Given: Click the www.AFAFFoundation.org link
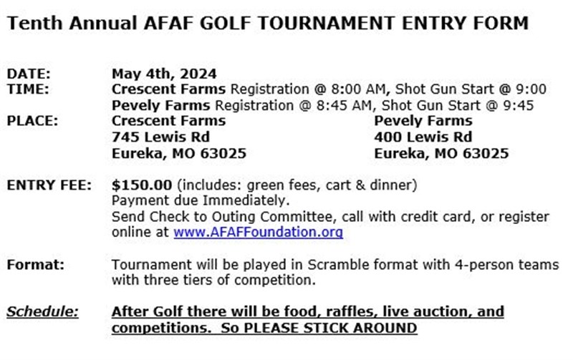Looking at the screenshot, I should (258, 232).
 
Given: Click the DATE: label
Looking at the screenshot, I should (29, 74).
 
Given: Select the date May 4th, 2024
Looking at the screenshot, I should (164, 74).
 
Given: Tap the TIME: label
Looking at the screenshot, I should (28, 89).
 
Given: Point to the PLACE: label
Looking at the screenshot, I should (32, 121).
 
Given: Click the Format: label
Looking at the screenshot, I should (35, 264).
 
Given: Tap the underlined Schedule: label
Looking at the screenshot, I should (42, 312).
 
